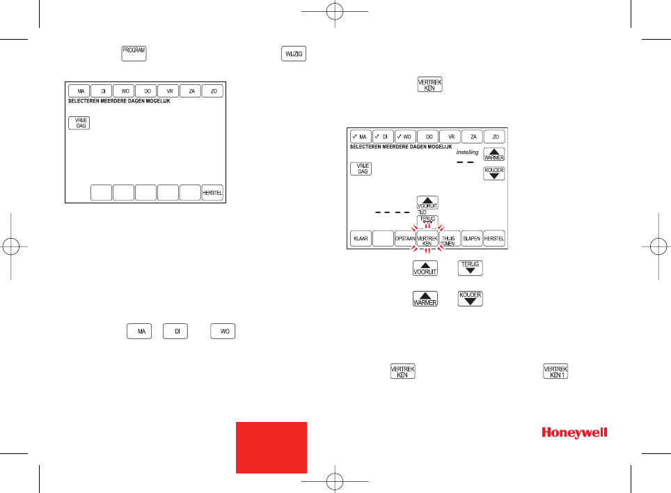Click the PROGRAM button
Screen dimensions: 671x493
click(134, 54)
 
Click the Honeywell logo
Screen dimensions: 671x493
click(574, 433)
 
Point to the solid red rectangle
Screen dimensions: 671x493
click(271, 447)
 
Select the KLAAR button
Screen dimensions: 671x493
click(361, 238)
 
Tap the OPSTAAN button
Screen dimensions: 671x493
click(405, 238)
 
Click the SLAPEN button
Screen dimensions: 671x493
click(472, 238)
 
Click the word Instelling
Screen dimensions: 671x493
click(467, 152)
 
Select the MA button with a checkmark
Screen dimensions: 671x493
click(361, 136)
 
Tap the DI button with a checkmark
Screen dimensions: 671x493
click(383, 136)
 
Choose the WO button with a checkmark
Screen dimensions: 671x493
click(405, 136)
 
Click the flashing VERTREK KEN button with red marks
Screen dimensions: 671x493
click(427, 238)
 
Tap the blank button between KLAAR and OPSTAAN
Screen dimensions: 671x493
click(383, 238)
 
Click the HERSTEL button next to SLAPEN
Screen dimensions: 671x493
click(494, 238)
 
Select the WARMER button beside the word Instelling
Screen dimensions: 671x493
click(494, 154)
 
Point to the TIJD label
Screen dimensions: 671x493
click(422, 212)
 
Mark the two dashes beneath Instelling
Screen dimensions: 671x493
click(464, 162)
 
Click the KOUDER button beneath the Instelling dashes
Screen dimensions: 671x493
click(494, 173)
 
